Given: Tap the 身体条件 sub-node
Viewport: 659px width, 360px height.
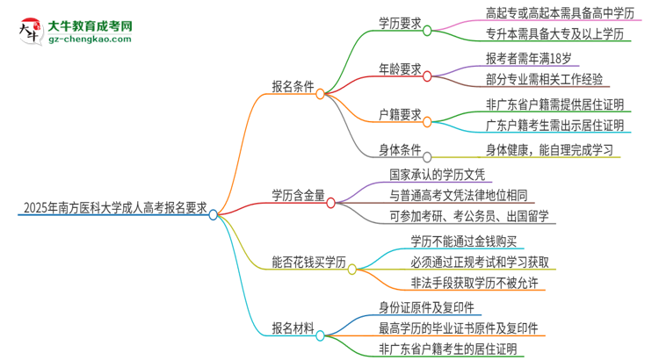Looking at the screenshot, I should coord(399,149).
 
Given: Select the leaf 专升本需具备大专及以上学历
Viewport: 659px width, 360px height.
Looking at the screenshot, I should coord(554,35).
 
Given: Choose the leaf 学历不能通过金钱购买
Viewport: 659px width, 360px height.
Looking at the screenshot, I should coord(469,240).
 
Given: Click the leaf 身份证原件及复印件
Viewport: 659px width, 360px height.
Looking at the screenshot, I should coord(426,308).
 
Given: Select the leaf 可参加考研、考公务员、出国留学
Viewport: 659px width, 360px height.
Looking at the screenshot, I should coord(471,216).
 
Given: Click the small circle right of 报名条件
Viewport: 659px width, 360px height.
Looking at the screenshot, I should coord(321,92).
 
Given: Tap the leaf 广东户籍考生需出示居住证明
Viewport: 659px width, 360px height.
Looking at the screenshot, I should coord(554,125).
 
